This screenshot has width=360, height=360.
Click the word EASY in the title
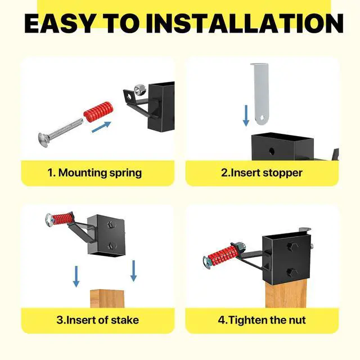[59, 24]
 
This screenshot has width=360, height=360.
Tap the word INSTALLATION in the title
[245, 24]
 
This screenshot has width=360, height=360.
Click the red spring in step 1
[98, 111]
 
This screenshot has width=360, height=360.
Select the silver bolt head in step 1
[43, 140]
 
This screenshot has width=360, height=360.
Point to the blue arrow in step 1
[101, 127]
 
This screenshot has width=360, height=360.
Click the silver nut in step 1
[139, 90]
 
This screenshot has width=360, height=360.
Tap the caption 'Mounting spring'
[100, 173]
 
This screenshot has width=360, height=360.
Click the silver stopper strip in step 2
[260, 94]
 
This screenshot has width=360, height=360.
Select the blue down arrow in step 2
[246, 116]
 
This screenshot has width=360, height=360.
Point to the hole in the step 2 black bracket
[272, 151]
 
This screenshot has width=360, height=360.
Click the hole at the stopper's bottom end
[262, 118]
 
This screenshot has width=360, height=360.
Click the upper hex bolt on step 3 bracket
[112, 224]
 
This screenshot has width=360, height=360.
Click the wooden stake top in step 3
[107, 299]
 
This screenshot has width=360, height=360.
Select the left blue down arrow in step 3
[76, 276]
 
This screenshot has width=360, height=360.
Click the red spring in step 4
[223, 254]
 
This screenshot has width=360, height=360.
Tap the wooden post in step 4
[286, 295]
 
